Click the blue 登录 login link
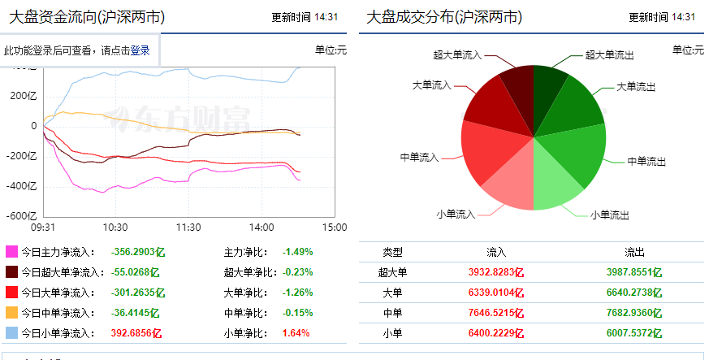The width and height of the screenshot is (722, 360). pyautogui.click(x=140, y=50)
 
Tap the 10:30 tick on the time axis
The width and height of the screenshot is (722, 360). pyautogui.click(x=115, y=228)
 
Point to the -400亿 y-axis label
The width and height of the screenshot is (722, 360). pyautogui.click(x=21, y=186)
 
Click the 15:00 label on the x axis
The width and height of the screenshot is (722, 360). pyautogui.click(x=335, y=228)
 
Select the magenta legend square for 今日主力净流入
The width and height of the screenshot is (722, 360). pyautogui.click(x=11, y=252)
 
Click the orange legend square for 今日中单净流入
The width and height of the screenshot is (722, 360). pyautogui.click(x=11, y=313)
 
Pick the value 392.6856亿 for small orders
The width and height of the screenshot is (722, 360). pyautogui.click(x=136, y=333)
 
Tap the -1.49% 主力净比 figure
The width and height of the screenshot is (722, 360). pyautogui.click(x=297, y=252)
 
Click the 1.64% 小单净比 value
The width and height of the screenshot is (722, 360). pyautogui.click(x=296, y=333)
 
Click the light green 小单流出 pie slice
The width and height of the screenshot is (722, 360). pyautogui.click(x=555, y=184)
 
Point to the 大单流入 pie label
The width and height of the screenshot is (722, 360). pyautogui.click(x=432, y=85)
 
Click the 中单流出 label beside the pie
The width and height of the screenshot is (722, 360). pyautogui.click(x=646, y=162)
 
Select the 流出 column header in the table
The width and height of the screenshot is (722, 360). pyautogui.click(x=634, y=252)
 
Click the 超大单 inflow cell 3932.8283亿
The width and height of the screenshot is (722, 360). pyautogui.click(x=496, y=272)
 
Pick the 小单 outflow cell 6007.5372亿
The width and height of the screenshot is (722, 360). pyautogui.click(x=634, y=333)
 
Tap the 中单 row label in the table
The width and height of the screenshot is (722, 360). pyautogui.click(x=393, y=313)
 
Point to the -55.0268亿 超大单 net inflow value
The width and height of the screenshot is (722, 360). pyautogui.click(x=135, y=272)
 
